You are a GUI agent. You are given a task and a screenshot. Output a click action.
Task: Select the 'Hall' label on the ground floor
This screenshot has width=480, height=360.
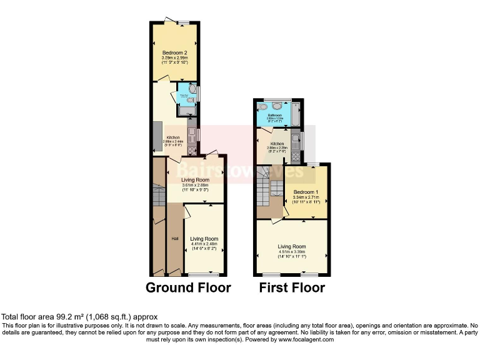click(x=175, y=238)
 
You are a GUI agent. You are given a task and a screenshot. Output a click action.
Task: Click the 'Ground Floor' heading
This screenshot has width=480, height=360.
click(x=188, y=287)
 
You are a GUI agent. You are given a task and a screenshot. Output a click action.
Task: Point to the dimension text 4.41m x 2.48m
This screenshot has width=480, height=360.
click(x=204, y=244)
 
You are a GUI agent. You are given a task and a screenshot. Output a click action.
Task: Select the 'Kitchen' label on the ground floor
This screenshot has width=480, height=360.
click(x=172, y=137)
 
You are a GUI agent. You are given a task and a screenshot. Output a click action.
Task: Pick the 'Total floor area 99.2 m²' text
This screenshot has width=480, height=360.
click(x=79, y=317)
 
